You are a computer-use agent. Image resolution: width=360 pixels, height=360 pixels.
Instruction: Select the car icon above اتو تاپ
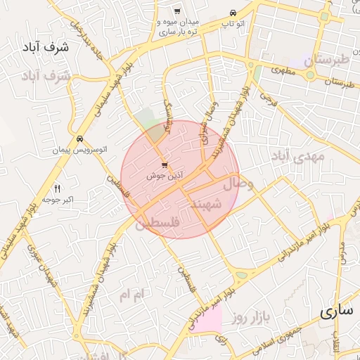[x=233, y=13]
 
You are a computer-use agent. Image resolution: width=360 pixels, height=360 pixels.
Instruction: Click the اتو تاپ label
[x=233, y=24]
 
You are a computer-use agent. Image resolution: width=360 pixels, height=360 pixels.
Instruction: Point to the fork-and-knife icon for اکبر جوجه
[x=58, y=188]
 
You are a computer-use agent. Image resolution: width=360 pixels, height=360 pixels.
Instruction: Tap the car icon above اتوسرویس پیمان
[x=81, y=139]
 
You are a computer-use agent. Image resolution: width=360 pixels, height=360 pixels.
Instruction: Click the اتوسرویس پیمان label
[x=81, y=150]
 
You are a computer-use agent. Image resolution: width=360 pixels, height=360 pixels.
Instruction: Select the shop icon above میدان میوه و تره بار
[x=177, y=11]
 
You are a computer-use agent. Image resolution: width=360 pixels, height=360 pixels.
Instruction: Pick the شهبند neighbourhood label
[x=207, y=203]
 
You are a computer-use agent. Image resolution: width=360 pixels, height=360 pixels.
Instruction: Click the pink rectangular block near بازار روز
[x=207, y=319]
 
